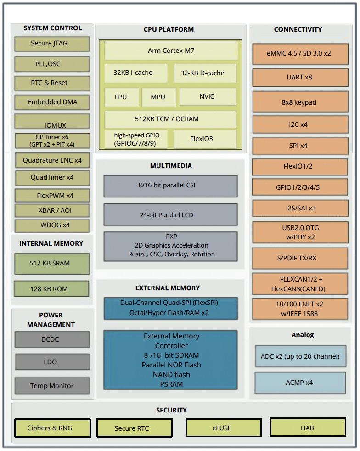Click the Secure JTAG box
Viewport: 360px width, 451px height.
click(x=52, y=44)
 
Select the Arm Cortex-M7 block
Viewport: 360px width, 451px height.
click(x=171, y=51)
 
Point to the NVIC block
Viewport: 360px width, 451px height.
click(x=207, y=96)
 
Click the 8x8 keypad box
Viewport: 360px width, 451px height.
click(x=299, y=102)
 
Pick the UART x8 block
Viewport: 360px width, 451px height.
click(x=299, y=77)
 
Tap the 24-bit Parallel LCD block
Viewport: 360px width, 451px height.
click(x=170, y=214)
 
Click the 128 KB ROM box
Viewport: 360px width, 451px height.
click(x=51, y=289)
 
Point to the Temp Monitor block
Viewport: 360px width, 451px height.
click(x=52, y=386)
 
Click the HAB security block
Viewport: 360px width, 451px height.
click(x=307, y=428)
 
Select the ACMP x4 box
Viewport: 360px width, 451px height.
click(x=300, y=383)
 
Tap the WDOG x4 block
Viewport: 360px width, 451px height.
click(x=52, y=225)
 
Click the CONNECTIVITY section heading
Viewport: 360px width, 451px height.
click(x=298, y=29)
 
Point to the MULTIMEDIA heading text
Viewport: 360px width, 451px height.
click(x=171, y=166)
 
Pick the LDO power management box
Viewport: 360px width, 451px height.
click(x=52, y=362)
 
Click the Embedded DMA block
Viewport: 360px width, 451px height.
click(x=52, y=102)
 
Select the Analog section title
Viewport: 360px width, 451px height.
click(x=303, y=335)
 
